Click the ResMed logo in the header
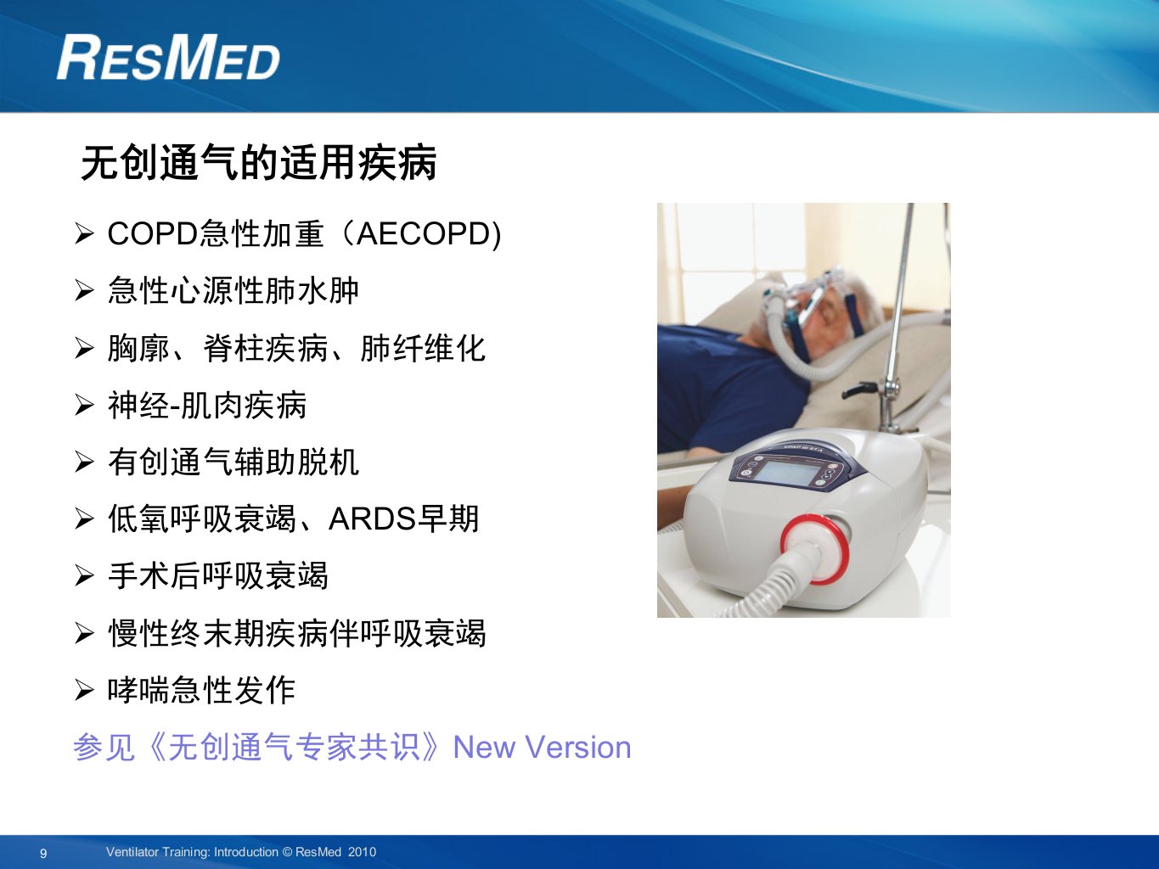pyautogui.click(x=168, y=57)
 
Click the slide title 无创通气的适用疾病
pyautogui.click(x=259, y=162)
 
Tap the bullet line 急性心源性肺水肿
pyautogui.click(x=233, y=290)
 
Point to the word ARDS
pyautogui.click(x=372, y=519)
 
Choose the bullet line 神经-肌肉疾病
pyautogui.click(x=207, y=405)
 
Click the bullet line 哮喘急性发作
pyautogui.click(x=201, y=690)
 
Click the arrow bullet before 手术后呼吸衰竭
pyautogui.click(x=84, y=575)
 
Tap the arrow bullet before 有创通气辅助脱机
pyautogui.click(x=84, y=463)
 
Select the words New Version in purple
pyautogui.click(x=543, y=747)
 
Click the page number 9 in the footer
pyautogui.click(x=43, y=853)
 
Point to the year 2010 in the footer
pyautogui.click(x=363, y=852)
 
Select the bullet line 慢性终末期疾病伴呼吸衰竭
pyautogui.click(x=296, y=632)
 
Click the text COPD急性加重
pyautogui.click(x=216, y=233)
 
